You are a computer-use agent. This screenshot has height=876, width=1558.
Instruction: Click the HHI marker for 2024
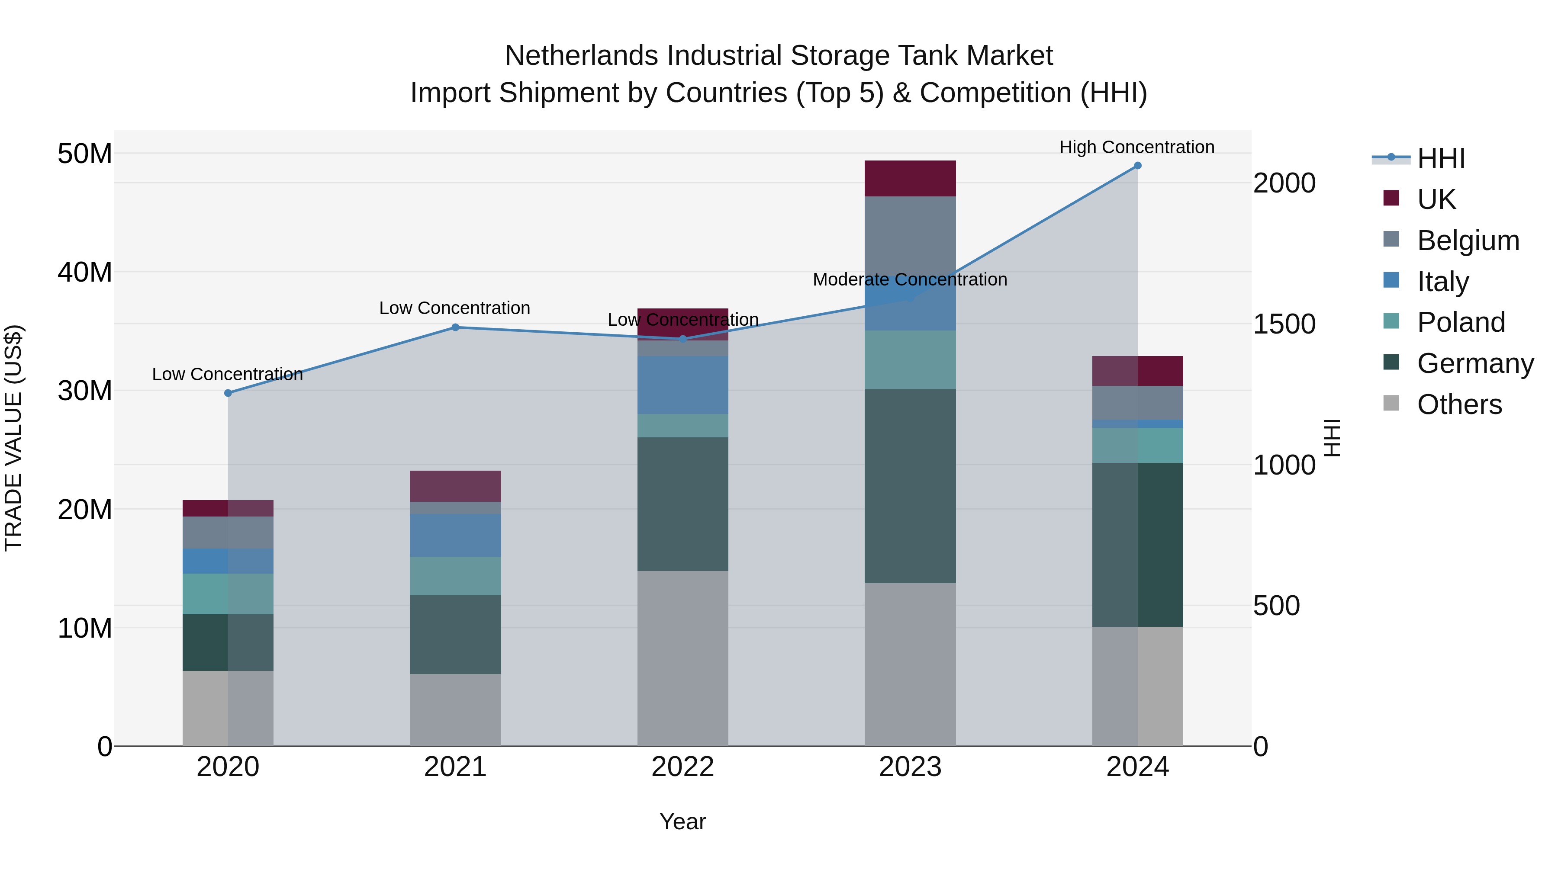coord(1137,166)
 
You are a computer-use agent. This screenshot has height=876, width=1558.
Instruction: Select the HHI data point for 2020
coord(228,393)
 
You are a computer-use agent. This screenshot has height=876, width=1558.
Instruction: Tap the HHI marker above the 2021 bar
coord(455,327)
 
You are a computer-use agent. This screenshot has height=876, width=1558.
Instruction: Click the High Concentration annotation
coord(1136,147)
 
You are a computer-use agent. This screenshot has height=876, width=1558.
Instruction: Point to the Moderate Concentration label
coord(910,279)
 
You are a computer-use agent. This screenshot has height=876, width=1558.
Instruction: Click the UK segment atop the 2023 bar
coord(910,178)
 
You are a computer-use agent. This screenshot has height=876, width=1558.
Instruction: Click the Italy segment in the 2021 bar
coord(455,535)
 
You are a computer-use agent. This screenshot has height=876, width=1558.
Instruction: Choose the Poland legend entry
coord(1460,322)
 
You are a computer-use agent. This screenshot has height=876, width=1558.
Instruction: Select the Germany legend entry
coord(1474,363)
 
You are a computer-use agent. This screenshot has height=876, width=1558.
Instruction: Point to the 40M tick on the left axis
coord(85,272)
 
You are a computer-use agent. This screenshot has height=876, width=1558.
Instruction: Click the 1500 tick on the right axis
coord(1284,324)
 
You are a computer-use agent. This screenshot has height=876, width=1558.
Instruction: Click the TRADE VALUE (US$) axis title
coord(13,438)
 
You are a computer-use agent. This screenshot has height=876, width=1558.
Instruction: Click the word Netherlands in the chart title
coord(583,56)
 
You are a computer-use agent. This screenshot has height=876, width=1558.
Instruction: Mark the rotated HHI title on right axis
coord(1333,438)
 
